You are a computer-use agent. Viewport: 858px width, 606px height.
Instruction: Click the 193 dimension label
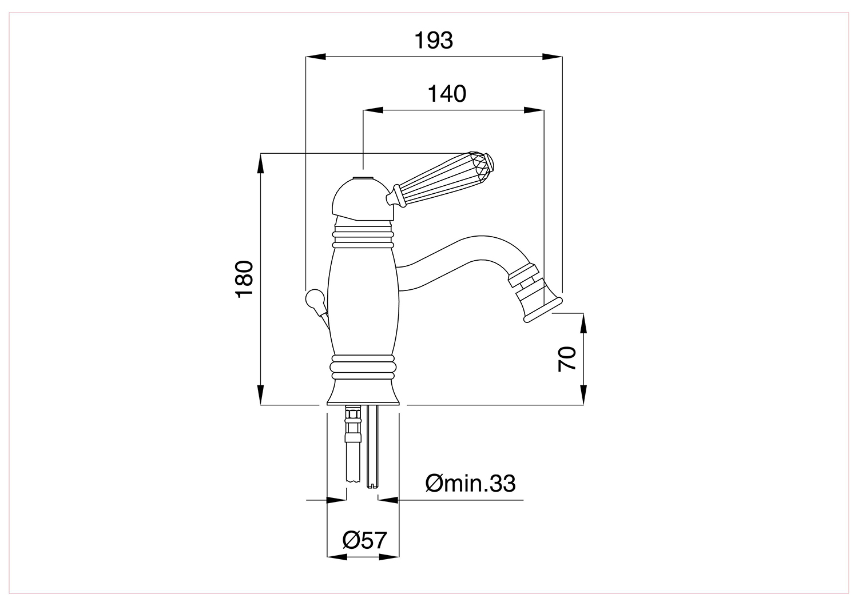(x=434, y=40)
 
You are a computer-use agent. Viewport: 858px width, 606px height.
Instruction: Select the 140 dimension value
(x=447, y=94)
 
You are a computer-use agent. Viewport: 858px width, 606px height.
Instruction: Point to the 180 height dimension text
(x=244, y=279)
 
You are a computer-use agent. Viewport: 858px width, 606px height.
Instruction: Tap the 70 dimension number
(x=567, y=358)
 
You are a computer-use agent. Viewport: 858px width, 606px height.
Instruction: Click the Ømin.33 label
(x=470, y=483)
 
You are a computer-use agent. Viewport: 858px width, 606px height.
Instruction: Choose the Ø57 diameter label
(x=365, y=540)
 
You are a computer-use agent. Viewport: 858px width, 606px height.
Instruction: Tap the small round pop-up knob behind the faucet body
(x=315, y=299)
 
